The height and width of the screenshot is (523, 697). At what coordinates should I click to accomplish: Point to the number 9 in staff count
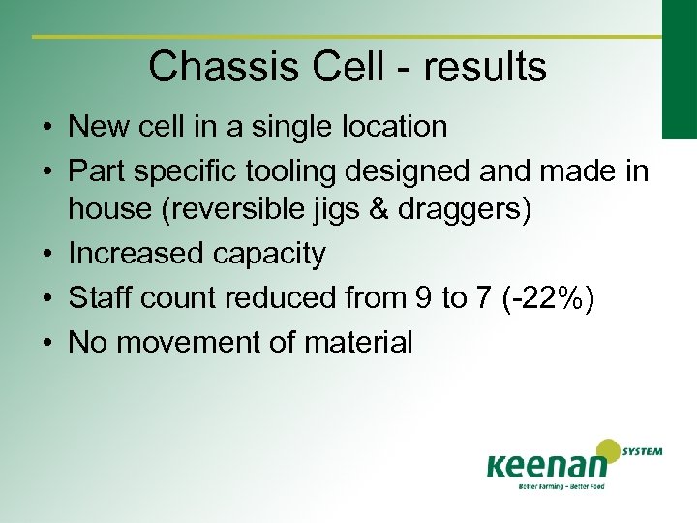click(x=423, y=297)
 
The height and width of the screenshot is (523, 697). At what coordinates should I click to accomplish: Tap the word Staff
click(x=101, y=297)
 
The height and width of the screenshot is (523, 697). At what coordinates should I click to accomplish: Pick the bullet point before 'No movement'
click(x=46, y=342)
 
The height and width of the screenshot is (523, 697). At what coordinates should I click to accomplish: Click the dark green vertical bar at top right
click(x=680, y=68)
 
